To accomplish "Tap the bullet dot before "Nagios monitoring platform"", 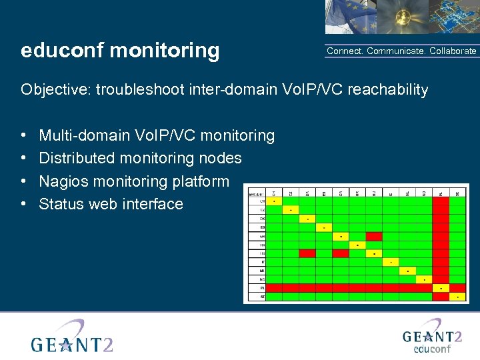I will tap(24, 181).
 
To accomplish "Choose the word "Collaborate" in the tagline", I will tap(453, 51).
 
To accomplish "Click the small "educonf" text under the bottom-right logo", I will tap(433, 349).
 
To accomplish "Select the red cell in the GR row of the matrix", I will tap(374, 236).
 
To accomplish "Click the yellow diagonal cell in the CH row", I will tap(273, 201).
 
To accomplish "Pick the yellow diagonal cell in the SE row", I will tap(458, 297).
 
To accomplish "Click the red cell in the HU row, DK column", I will tap(307, 253).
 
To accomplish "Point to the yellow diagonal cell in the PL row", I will tap(441, 288).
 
